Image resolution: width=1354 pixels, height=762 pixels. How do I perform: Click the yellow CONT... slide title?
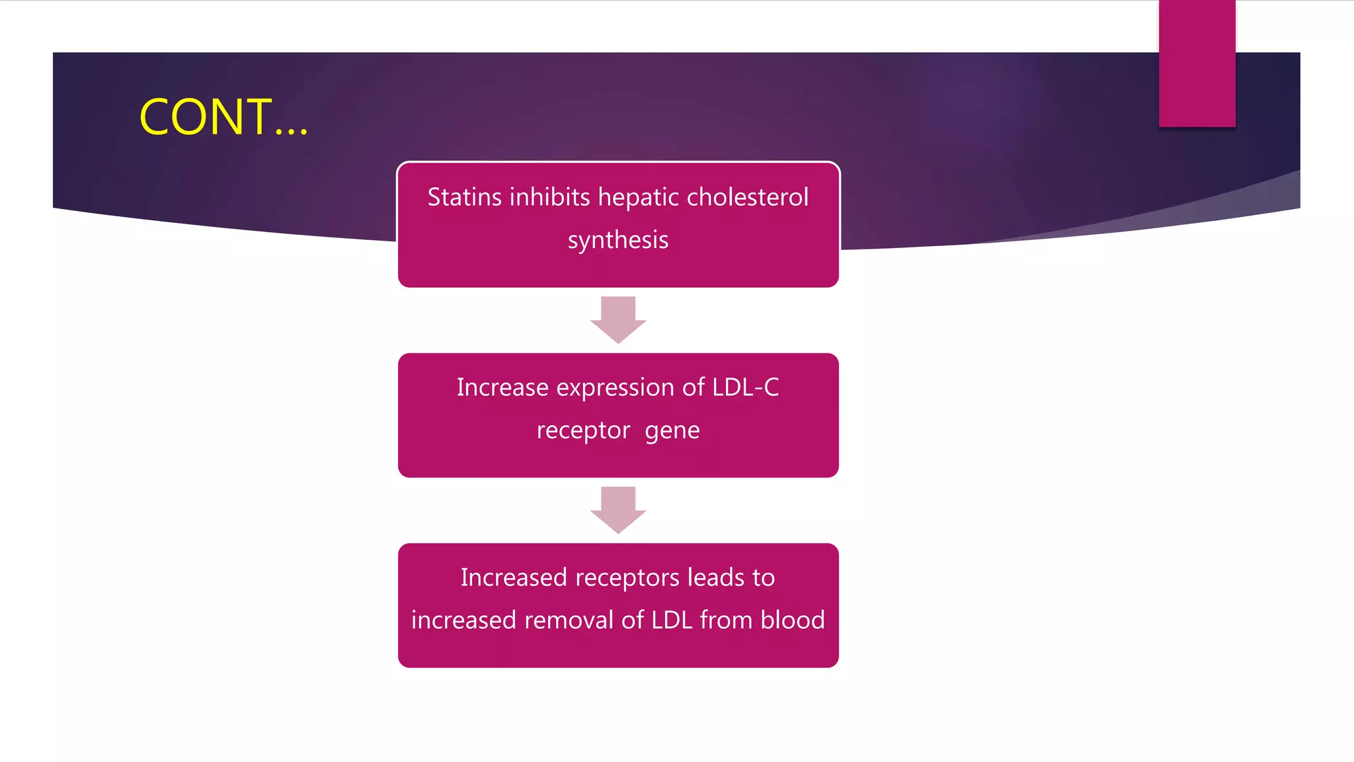(x=223, y=117)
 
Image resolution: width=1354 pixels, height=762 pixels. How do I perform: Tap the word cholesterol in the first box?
(x=747, y=197)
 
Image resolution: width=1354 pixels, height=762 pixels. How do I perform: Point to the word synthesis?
(x=618, y=240)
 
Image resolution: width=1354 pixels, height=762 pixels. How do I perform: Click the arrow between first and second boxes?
(x=618, y=319)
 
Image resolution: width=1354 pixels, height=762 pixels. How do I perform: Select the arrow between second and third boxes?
(x=618, y=509)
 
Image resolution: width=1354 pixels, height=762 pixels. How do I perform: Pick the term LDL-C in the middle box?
(x=746, y=388)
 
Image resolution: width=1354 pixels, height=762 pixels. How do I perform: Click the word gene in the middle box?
(x=672, y=431)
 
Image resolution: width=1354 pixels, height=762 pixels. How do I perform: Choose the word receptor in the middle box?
(x=583, y=431)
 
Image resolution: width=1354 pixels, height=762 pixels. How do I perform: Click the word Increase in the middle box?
(x=502, y=388)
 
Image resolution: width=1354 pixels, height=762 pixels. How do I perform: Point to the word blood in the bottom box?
(x=793, y=620)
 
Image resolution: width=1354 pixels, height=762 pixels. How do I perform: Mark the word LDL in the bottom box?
(x=672, y=620)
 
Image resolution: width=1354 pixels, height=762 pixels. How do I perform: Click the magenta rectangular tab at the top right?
(x=1197, y=63)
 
